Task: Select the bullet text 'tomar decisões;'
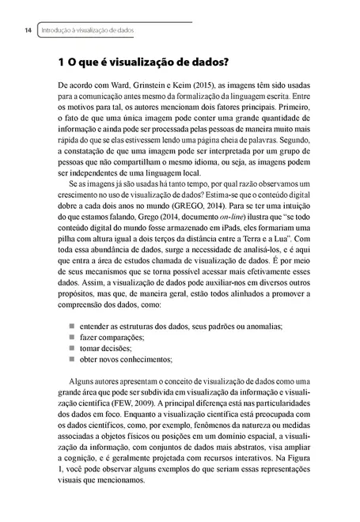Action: (105, 347)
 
